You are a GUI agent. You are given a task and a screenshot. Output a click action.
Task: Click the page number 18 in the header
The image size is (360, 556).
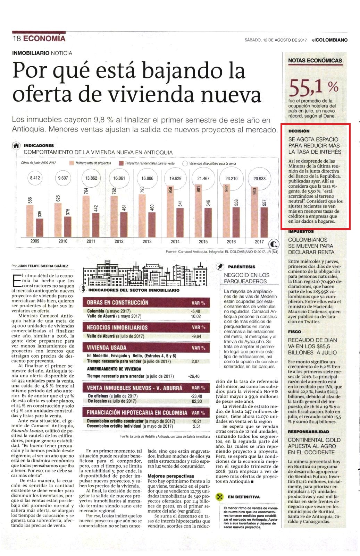pyautogui.click(x=17, y=39)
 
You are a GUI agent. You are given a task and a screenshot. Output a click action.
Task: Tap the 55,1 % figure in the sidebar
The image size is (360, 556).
pyautogui.click(x=314, y=88)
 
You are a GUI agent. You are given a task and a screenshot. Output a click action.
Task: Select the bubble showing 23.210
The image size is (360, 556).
pyautogui.click(x=231, y=178)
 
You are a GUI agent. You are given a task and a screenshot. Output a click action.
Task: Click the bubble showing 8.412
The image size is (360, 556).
pyautogui.click(x=35, y=178)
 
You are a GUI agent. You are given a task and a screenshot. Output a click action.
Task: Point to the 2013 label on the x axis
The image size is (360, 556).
pyautogui.click(x=147, y=241)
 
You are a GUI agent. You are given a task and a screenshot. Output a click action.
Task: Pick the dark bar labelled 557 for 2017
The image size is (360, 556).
pyautogui.click(x=264, y=222)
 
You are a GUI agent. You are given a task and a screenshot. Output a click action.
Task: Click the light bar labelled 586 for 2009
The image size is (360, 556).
pyautogui.click(x=30, y=221)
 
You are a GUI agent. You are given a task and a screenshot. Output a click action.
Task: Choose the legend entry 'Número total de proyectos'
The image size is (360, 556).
pyautogui.click(x=90, y=163)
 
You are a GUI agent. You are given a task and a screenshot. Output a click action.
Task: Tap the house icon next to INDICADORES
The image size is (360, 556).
pyautogui.click(x=16, y=146)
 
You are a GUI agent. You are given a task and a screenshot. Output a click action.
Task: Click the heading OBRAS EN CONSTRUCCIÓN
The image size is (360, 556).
pyautogui.click(x=117, y=302)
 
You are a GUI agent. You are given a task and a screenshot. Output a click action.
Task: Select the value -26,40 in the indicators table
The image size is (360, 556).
pyautogui.click(x=194, y=376)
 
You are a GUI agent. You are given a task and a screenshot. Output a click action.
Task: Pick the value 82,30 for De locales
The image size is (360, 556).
pyautogui.click(x=196, y=401)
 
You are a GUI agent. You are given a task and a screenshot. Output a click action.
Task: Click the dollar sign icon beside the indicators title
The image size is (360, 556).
pyautogui.click(x=83, y=289)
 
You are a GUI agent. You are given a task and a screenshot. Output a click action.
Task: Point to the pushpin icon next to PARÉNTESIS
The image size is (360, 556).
pyautogui.click(x=220, y=267)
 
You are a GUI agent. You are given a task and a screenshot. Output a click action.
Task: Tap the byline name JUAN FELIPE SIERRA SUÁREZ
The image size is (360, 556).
pyautogui.click(x=43, y=266)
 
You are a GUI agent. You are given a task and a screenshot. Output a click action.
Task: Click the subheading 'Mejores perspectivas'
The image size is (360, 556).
pyautogui.click(x=171, y=476)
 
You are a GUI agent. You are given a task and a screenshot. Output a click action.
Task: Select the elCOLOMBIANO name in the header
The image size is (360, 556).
pyautogui.click(x=330, y=40)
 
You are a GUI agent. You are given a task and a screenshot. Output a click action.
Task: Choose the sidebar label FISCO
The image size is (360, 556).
pyautogui.click(x=294, y=332)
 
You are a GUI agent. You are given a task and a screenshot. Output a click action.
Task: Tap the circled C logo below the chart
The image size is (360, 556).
pyautogui.click(x=274, y=245)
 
